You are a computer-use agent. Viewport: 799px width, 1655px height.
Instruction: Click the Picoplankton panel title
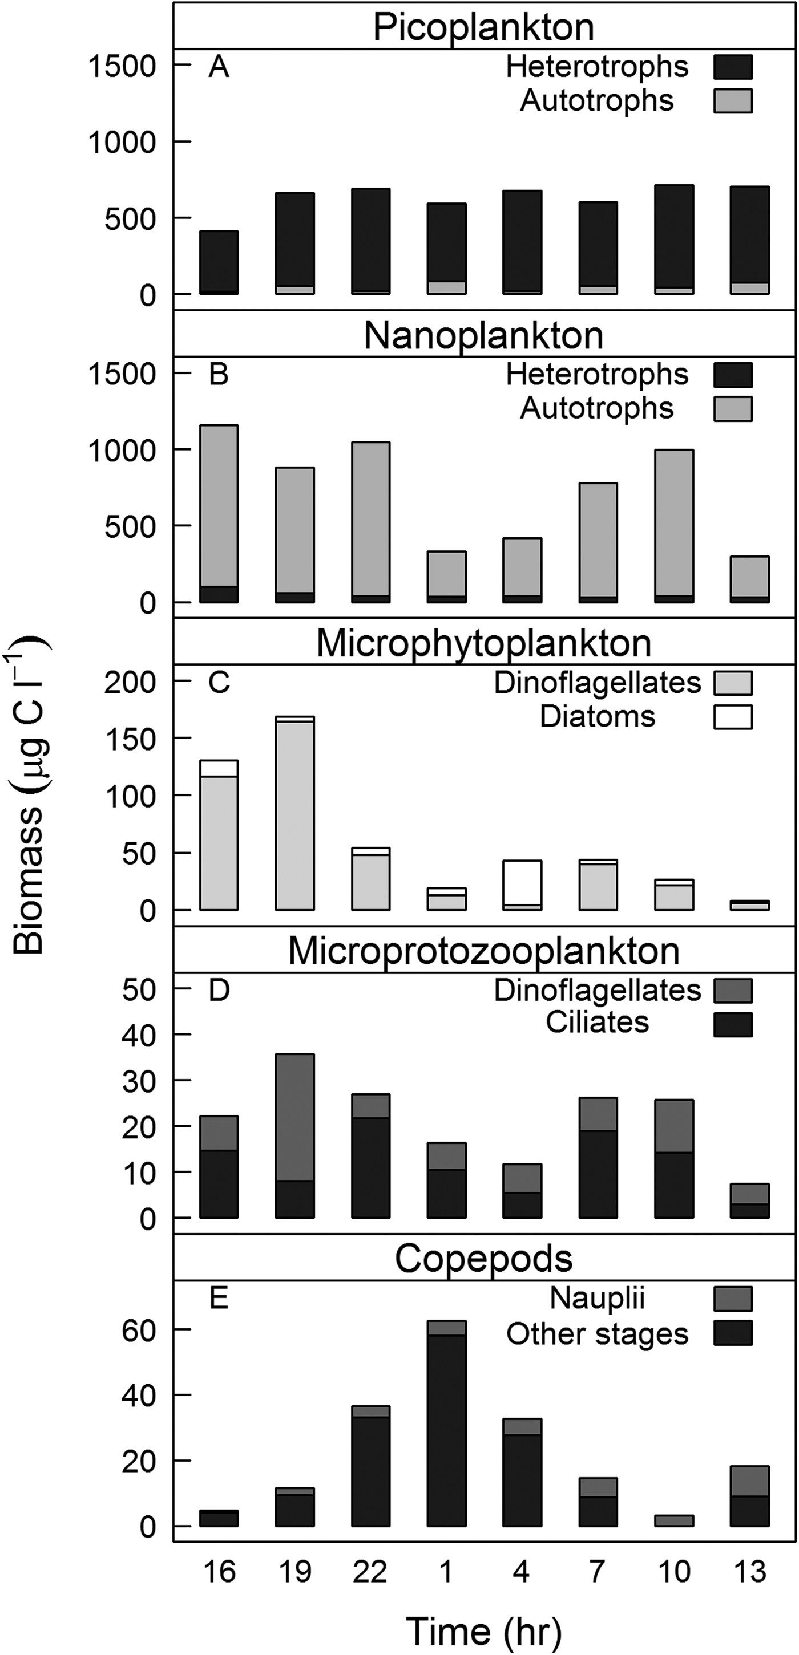483,27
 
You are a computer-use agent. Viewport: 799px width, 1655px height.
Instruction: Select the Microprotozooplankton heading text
483,951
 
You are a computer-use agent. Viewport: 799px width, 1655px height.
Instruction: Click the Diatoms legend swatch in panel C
733,716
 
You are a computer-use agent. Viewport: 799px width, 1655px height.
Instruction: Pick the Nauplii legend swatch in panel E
733,1299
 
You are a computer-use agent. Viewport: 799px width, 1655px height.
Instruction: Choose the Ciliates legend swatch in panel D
733,1024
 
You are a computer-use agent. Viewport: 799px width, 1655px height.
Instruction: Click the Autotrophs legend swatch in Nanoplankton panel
733,408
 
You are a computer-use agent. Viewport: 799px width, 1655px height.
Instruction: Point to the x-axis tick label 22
370,1572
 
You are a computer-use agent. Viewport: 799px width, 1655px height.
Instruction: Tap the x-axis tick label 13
750,1572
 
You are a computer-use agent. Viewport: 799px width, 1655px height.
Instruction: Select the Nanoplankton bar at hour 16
219,514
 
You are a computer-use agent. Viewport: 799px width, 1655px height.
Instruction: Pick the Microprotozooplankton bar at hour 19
295,1137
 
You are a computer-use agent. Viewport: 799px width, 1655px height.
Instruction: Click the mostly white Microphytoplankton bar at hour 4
522,884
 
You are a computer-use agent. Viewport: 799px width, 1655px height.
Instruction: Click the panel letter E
219,1299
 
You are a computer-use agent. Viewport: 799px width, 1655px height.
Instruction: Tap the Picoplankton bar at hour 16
219,262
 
